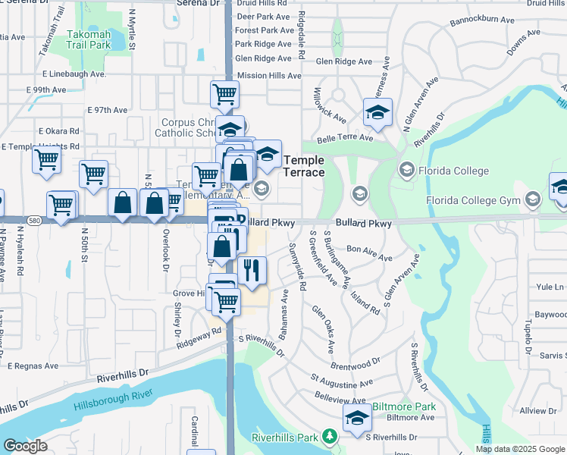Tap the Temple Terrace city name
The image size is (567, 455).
coord(304,166)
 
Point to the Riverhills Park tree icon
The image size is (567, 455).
coord(329,437)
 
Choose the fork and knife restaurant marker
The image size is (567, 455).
coord(252,271)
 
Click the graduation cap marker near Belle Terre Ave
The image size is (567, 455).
coord(377,113)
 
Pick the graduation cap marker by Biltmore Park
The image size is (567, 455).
coord(356,417)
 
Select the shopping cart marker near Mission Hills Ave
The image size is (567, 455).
coord(225,95)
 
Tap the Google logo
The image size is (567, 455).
coord(25,446)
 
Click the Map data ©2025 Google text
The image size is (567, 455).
coord(521,449)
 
